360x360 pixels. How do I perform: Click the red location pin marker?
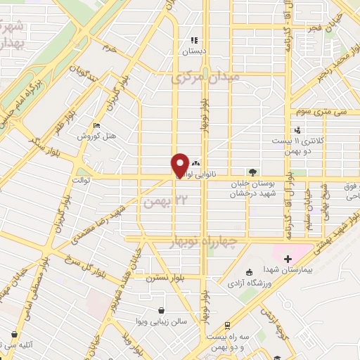click(181, 165)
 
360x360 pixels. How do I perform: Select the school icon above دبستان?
click(194, 40)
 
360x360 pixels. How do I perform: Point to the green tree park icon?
click(252, 172)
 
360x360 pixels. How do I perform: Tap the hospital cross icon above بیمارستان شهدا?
click(288, 259)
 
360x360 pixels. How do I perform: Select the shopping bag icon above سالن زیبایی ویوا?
click(162, 310)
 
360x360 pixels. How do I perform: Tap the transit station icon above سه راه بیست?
click(228, 326)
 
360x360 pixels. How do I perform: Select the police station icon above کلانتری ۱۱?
click(298, 130)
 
